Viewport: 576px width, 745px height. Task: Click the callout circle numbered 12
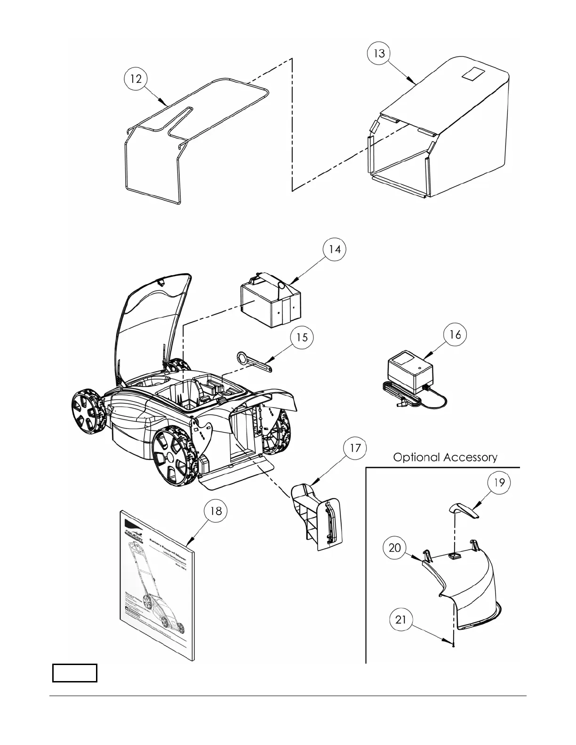pyautogui.click(x=136, y=79)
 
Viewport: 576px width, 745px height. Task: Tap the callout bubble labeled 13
pyautogui.click(x=379, y=54)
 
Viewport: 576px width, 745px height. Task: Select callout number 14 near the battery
pyautogui.click(x=334, y=249)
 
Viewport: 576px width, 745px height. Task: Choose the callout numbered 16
pyautogui.click(x=455, y=334)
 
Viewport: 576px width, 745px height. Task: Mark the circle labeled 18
pyautogui.click(x=216, y=511)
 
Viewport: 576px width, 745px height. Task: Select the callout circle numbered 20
pyautogui.click(x=395, y=548)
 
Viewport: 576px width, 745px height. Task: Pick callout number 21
pyautogui.click(x=400, y=620)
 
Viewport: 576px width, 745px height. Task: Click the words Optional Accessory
pyautogui.click(x=445, y=457)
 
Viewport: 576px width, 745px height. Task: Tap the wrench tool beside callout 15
pyautogui.click(x=255, y=363)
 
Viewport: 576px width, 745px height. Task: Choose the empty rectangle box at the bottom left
pyautogui.click(x=74, y=673)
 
